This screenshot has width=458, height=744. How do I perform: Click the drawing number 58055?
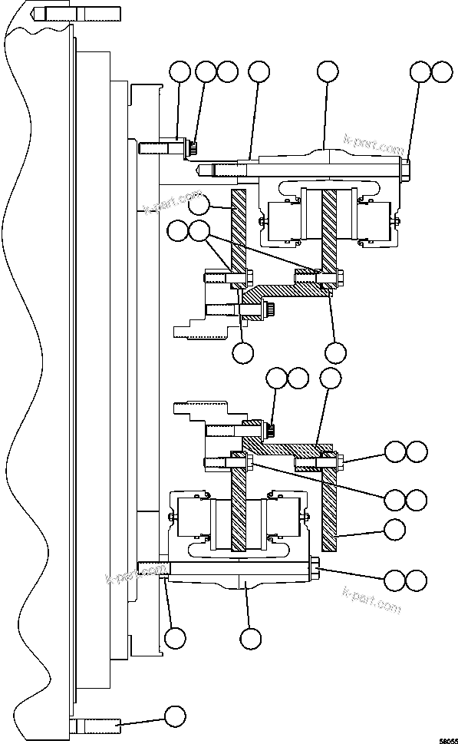point(443,739)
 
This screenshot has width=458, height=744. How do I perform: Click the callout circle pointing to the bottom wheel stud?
point(175,716)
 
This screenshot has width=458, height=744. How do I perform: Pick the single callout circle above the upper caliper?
point(328,71)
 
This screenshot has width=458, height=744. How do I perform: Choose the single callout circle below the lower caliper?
point(250,637)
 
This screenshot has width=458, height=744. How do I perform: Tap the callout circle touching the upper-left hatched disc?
point(199,204)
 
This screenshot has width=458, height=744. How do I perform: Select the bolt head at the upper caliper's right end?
point(404,168)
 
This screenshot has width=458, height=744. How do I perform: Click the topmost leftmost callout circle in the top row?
point(180,71)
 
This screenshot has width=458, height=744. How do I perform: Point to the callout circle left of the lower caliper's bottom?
point(175,637)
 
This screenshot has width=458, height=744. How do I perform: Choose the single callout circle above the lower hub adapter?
point(330,377)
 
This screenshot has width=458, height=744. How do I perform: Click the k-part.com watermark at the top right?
point(374,144)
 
